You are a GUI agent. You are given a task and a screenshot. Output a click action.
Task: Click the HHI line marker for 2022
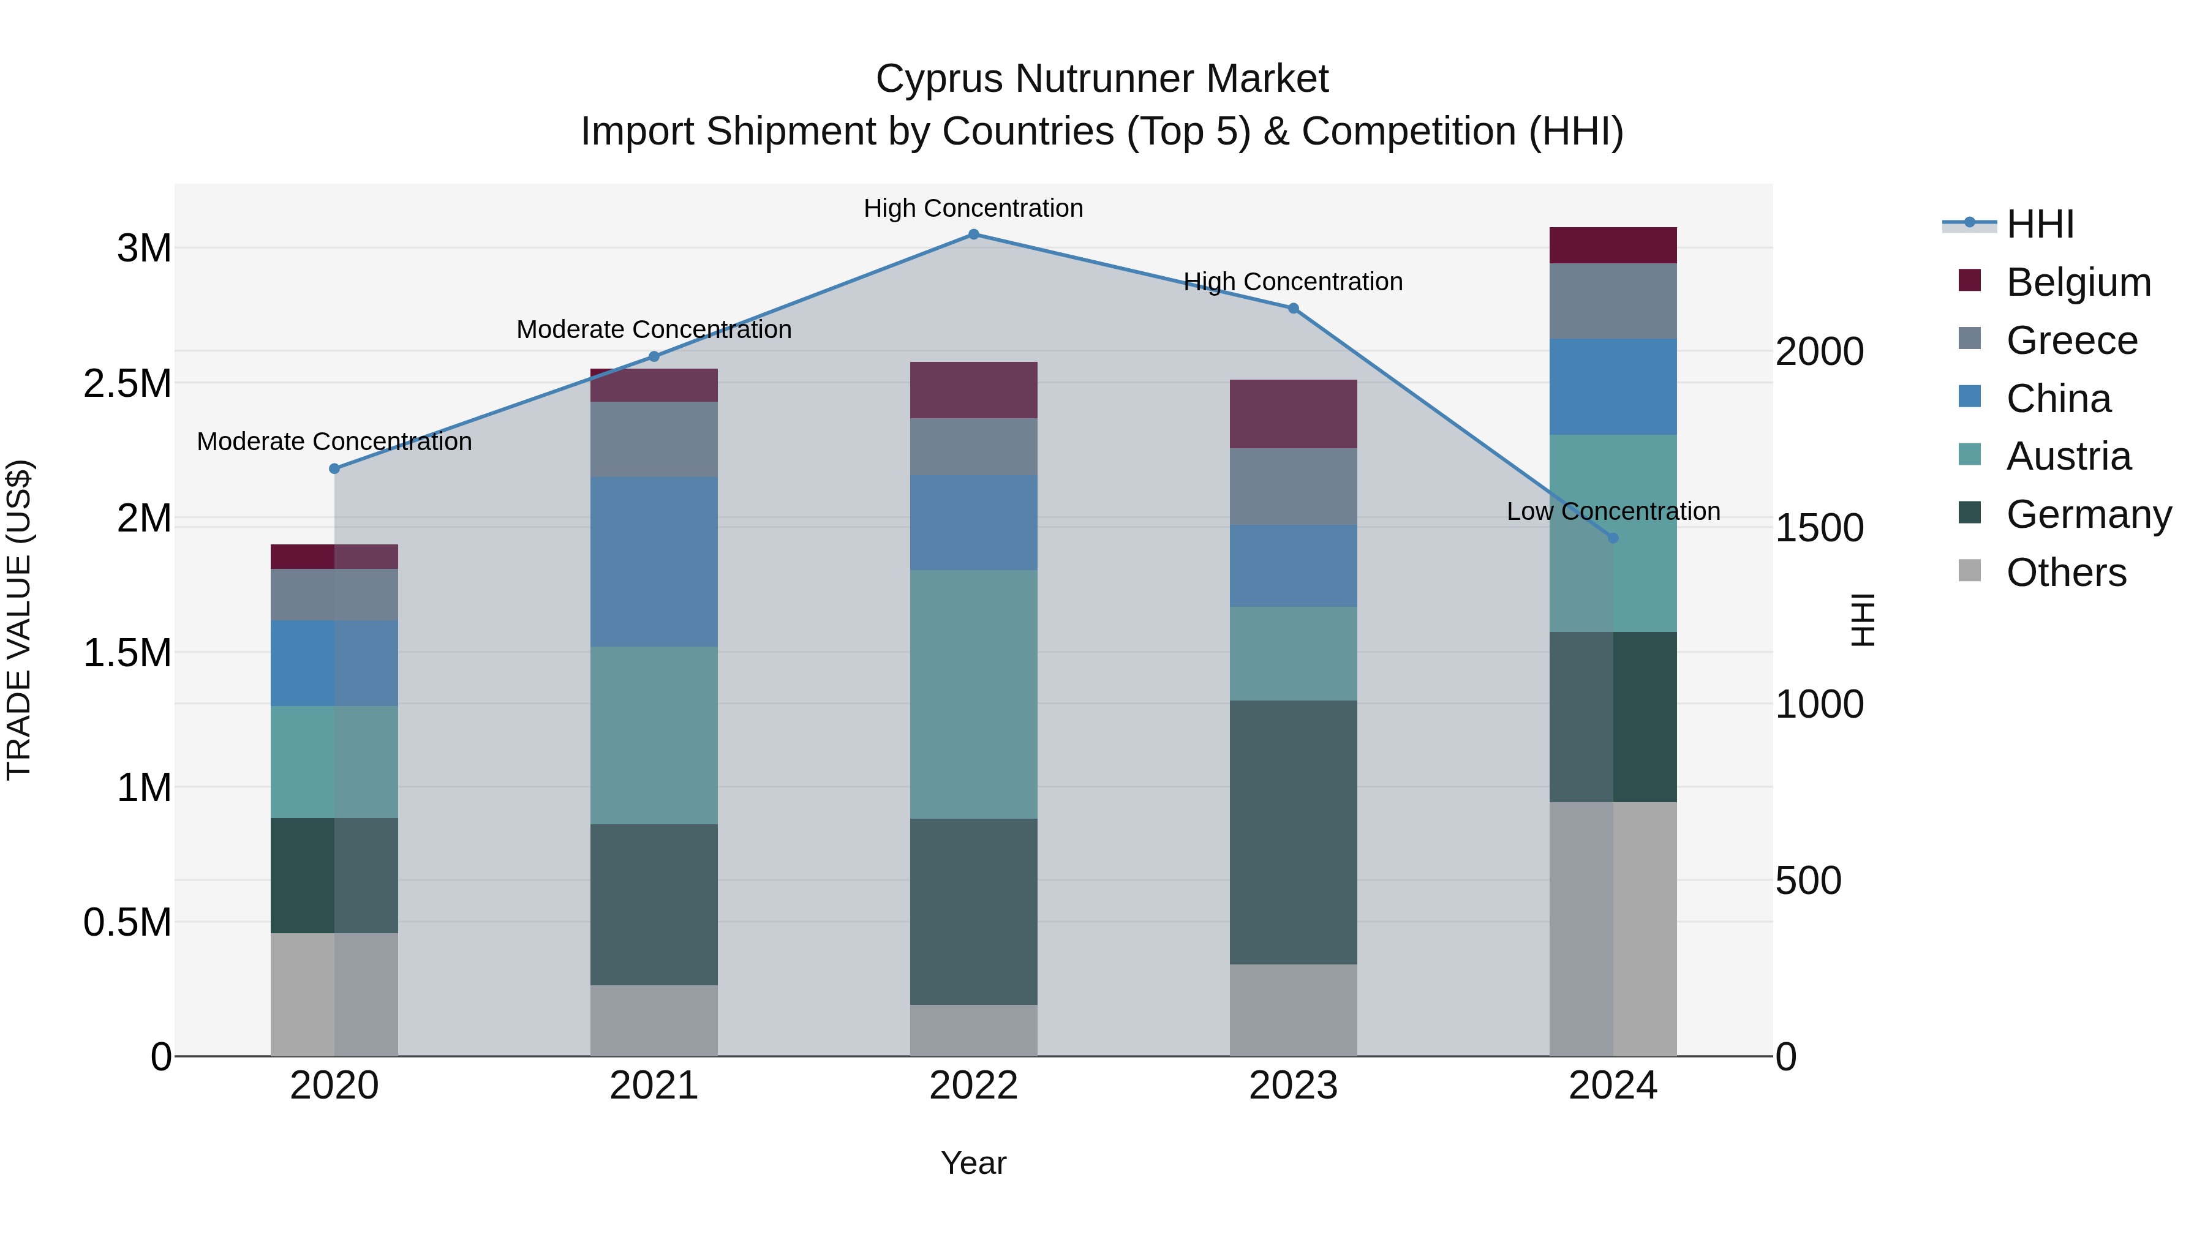[973, 234]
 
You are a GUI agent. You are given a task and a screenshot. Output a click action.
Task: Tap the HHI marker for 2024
[1613, 538]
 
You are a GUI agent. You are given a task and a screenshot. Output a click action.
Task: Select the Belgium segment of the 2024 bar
[1613, 246]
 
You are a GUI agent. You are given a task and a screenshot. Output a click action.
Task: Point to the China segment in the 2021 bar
[654, 562]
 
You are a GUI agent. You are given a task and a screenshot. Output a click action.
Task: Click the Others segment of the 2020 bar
[334, 994]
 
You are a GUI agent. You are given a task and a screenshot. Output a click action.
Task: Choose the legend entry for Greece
[2071, 340]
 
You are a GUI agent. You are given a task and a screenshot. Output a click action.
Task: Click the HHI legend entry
[2040, 224]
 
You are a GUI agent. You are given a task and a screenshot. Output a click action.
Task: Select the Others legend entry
[2065, 573]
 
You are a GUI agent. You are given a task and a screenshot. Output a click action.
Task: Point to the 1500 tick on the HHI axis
[1819, 528]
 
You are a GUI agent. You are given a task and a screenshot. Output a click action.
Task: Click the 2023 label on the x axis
[1294, 1086]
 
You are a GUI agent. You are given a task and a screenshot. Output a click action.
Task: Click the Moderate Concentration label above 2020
[334, 442]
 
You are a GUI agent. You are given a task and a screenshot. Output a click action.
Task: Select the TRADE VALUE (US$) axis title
[19, 620]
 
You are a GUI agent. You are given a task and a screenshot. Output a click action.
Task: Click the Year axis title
[973, 1163]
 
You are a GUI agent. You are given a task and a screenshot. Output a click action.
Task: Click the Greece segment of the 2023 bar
[1294, 486]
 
